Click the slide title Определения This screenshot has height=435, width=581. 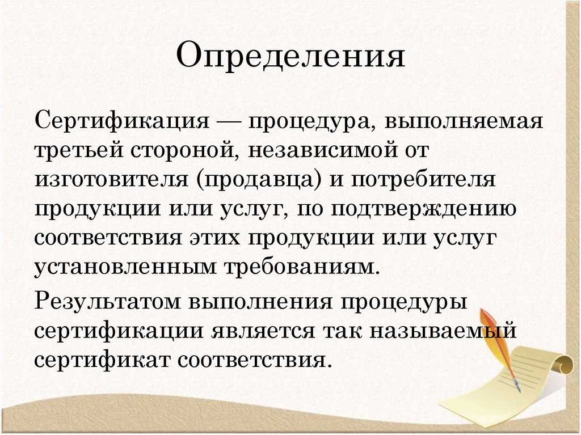click(x=290, y=57)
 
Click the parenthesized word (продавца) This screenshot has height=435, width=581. click(x=260, y=180)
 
